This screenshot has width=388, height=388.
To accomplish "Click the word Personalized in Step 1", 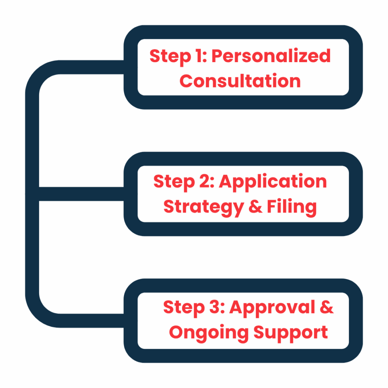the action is pyautogui.click(x=271, y=56).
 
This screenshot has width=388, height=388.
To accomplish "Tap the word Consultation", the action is pyautogui.click(x=240, y=81).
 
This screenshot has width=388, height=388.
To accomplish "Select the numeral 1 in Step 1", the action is pyautogui.click(x=199, y=56).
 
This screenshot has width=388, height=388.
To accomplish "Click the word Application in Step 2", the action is pyautogui.click(x=273, y=183).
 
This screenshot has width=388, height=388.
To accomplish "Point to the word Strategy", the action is pyautogui.click(x=204, y=207).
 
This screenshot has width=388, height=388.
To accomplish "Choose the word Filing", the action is pyautogui.click(x=292, y=207).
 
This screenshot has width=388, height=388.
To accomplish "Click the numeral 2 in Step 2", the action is pyautogui.click(x=204, y=181).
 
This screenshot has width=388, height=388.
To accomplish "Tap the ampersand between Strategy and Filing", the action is pyautogui.click(x=255, y=206).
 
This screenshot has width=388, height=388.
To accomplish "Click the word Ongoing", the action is pyautogui.click(x=209, y=333).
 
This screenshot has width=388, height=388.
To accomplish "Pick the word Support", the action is pyautogui.click(x=291, y=333).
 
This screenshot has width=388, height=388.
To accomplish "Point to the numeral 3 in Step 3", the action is pyautogui.click(x=215, y=307).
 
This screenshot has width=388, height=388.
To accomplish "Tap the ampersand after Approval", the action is pyautogui.click(x=327, y=307).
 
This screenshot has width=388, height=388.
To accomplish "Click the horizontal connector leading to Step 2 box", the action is pyautogui.click(x=82, y=194).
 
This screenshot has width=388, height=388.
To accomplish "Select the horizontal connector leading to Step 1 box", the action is pyautogui.click(x=91, y=67).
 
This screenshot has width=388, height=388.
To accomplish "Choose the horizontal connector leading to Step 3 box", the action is pyautogui.click(x=91, y=321).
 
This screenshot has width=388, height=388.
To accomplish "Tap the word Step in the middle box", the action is pyautogui.click(x=174, y=183).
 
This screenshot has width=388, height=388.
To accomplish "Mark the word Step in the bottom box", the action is pyautogui.click(x=184, y=308).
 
